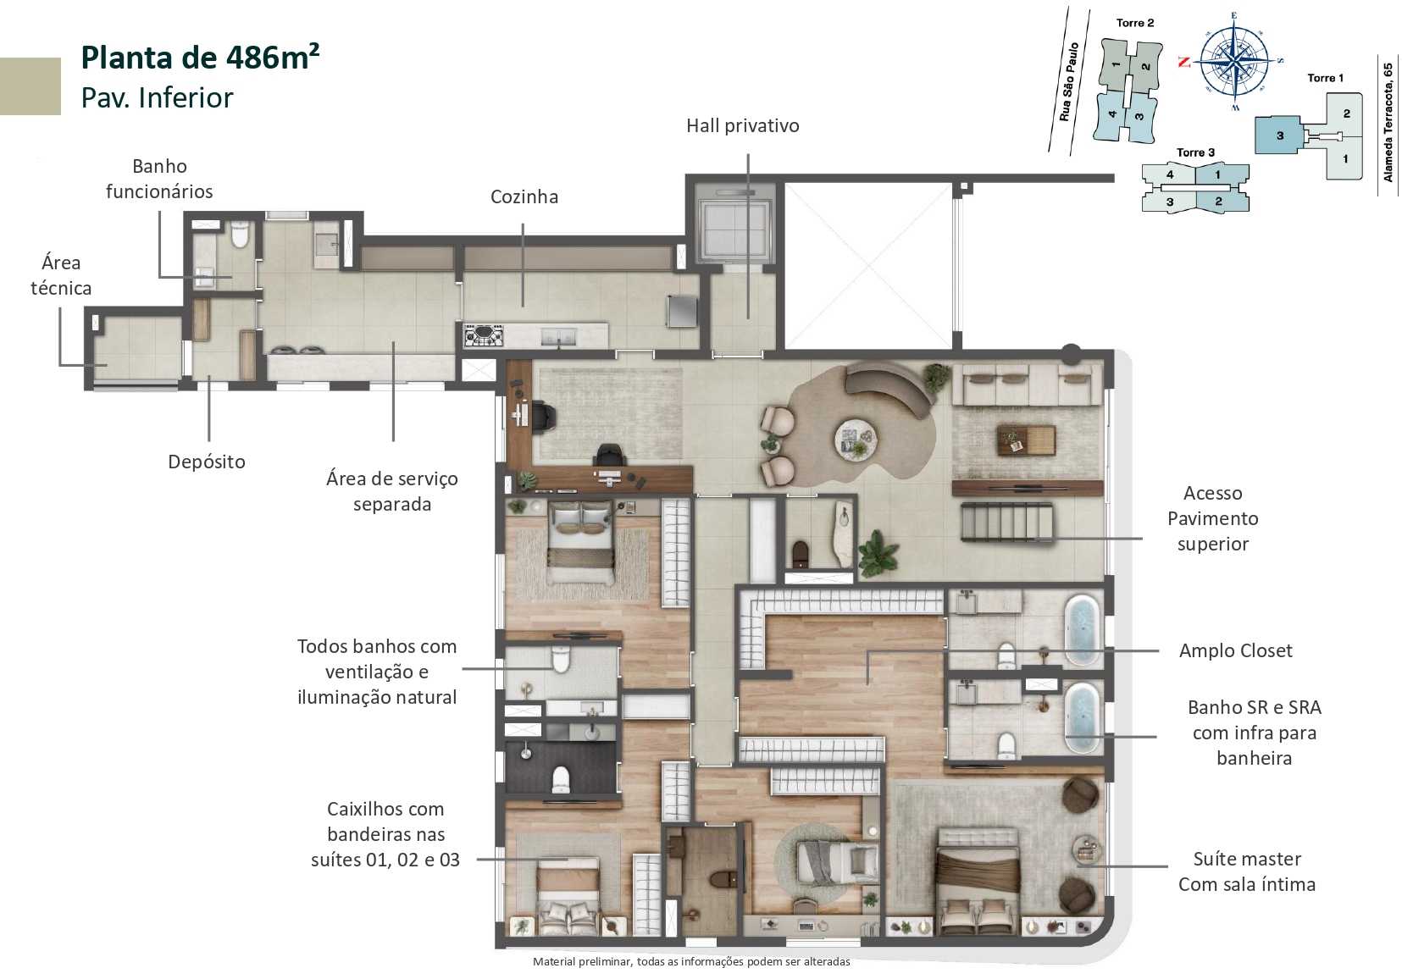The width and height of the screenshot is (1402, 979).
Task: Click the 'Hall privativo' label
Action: pyautogui.click(x=742, y=125)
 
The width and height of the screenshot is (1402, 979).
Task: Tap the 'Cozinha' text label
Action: pyautogui.click(x=524, y=196)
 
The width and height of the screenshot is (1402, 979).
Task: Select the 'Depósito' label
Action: pyautogui.click(x=206, y=462)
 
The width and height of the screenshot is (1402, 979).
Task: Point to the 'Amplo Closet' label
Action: pyautogui.click(x=1235, y=650)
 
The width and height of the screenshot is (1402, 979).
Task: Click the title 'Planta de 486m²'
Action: pyautogui.click(x=200, y=58)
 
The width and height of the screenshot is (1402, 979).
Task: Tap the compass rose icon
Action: pyautogui.click(x=1233, y=60)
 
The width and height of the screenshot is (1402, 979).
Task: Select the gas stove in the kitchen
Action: pyautogui.click(x=484, y=336)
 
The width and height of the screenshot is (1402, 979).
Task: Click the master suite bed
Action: pyautogui.click(x=978, y=872)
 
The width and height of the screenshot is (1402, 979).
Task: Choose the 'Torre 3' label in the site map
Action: pyautogui.click(x=1195, y=152)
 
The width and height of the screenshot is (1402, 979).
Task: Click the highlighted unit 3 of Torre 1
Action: pyautogui.click(x=1279, y=136)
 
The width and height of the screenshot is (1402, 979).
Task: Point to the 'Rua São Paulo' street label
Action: pyautogui.click(x=1070, y=82)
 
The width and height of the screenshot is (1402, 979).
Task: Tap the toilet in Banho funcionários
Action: pyautogui.click(x=240, y=235)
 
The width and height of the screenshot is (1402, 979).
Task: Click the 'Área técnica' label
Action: pyautogui.click(x=61, y=275)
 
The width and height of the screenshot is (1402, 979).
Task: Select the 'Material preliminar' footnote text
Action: pyautogui.click(x=690, y=961)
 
